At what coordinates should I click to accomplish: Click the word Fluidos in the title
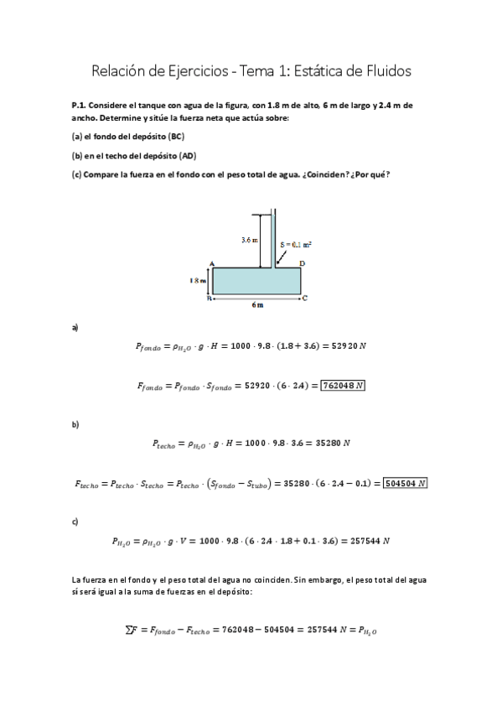coord(384,72)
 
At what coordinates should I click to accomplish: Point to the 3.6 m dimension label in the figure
coord(249,240)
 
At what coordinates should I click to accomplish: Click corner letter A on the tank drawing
coord(212,263)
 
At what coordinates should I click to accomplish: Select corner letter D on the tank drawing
coord(302,263)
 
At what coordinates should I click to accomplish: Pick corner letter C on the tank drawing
coord(304,298)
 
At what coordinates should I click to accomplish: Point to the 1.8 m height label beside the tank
coord(198,281)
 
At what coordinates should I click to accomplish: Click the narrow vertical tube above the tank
coord(272,239)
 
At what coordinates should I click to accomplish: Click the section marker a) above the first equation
coord(75,327)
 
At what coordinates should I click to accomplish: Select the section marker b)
coord(75,424)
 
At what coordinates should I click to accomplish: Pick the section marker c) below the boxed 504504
coord(75,522)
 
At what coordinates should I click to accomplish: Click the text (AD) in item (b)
coord(189,156)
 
